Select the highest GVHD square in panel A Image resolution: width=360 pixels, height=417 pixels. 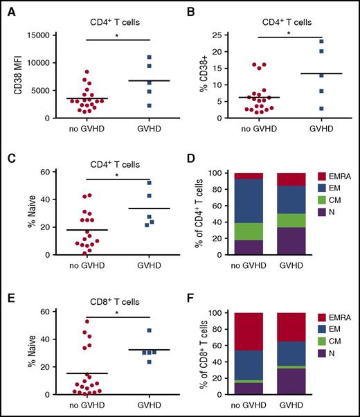[x=149, y=57]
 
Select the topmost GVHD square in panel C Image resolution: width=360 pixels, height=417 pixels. [x=150, y=183]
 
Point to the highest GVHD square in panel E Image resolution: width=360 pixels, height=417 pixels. [x=150, y=330]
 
